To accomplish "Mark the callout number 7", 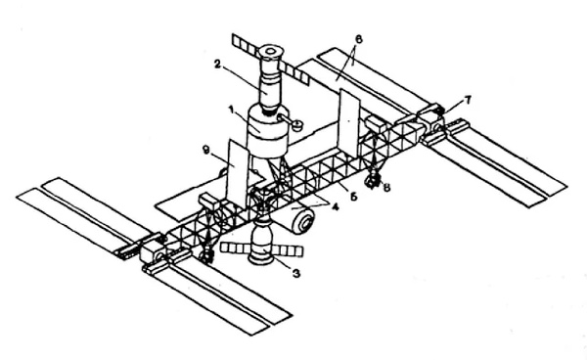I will click(468, 99).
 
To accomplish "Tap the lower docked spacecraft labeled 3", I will click(260, 244).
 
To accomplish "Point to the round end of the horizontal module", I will click(305, 223).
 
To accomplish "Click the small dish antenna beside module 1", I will click(296, 125).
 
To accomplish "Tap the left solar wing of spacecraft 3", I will click(234, 247).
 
